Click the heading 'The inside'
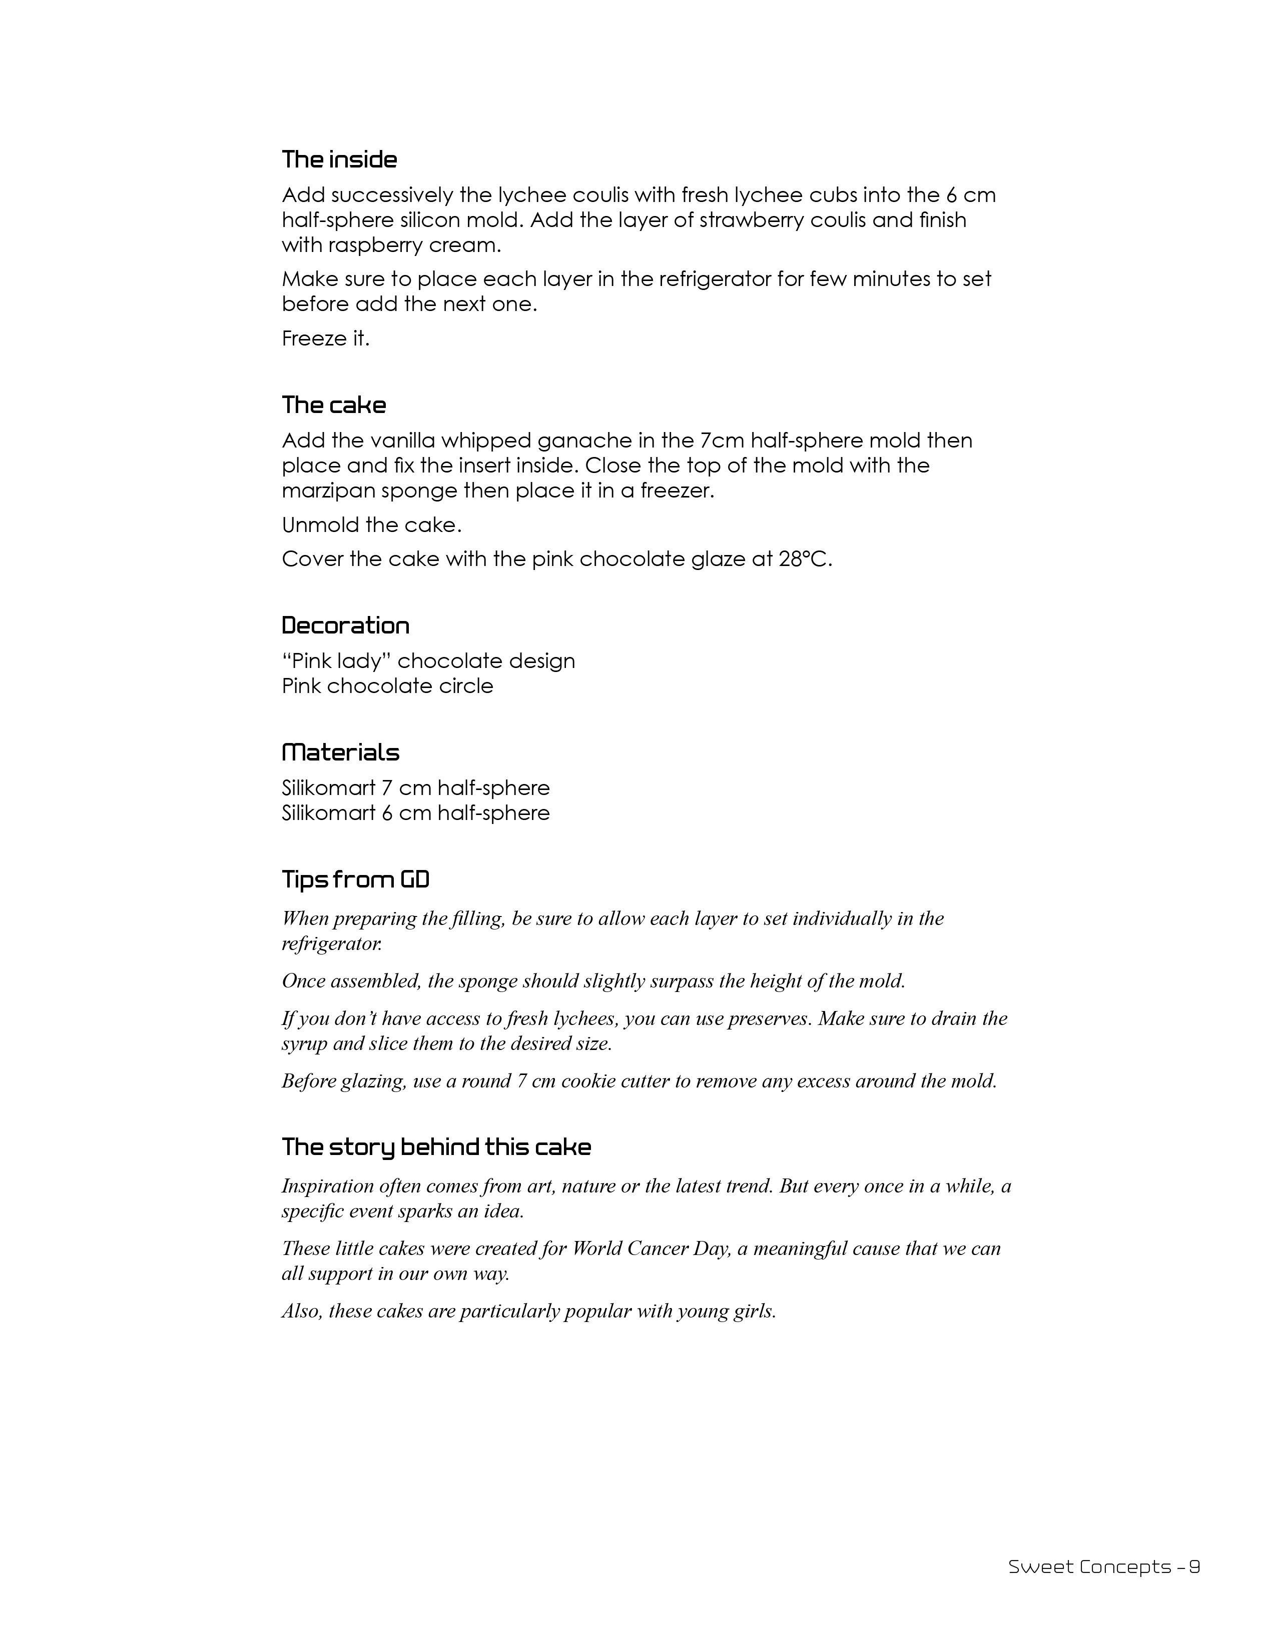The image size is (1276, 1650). (x=339, y=159)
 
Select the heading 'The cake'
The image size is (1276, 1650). (x=333, y=405)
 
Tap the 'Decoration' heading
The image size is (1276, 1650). (x=345, y=625)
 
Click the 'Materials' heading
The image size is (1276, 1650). (x=340, y=752)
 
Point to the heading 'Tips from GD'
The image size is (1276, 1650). (x=355, y=879)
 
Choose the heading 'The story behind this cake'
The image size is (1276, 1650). (x=436, y=1147)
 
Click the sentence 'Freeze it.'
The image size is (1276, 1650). (x=326, y=338)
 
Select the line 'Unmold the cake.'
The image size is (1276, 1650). (x=371, y=524)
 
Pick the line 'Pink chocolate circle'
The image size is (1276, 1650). (x=387, y=686)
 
